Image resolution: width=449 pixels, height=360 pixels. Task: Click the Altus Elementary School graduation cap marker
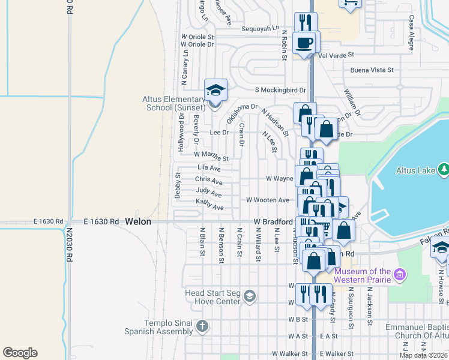[x=215, y=91]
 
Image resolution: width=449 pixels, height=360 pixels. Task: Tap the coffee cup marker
[x=304, y=43]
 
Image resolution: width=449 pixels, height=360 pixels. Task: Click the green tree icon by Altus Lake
[x=444, y=170]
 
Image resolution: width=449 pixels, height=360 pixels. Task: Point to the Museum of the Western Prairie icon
[x=400, y=275]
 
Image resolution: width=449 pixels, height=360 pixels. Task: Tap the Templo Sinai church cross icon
[x=202, y=326]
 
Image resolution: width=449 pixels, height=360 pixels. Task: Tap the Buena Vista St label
[x=372, y=70]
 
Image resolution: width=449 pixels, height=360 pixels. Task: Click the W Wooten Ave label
[x=268, y=200]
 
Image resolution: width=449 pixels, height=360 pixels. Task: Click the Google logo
[x=20, y=353]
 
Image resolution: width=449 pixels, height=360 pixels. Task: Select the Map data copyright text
[x=423, y=355]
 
